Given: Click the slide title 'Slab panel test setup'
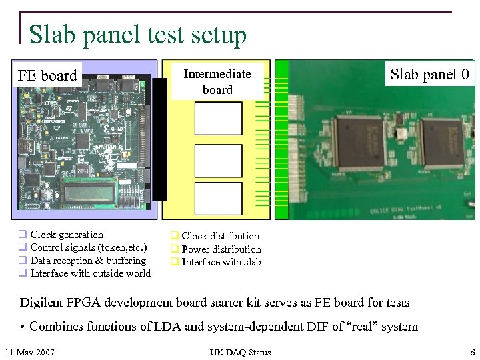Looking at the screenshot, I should pyautogui.click(x=138, y=35).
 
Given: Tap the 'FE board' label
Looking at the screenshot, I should pyautogui.click(x=47, y=75).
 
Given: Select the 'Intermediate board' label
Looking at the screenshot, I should pyautogui.click(x=217, y=82).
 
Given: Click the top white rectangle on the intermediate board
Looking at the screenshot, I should pyautogui.click(x=218, y=119).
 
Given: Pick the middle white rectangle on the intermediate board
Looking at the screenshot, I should pyautogui.click(x=218, y=159).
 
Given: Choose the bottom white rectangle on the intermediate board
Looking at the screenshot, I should pyautogui.click(x=218, y=199).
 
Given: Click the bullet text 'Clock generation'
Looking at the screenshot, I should pyautogui.click(x=67, y=235).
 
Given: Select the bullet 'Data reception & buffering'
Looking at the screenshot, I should pyautogui.click(x=88, y=261).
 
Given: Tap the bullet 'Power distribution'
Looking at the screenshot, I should pyautogui.click(x=221, y=249).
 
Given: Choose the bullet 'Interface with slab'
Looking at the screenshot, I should pyautogui.click(x=221, y=262).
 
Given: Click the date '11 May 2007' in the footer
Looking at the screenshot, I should pyautogui.click(x=29, y=352).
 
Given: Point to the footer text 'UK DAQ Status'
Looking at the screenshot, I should pyautogui.click(x=240, y=352).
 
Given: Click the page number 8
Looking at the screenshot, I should pyautogui.click(x=472, y=351).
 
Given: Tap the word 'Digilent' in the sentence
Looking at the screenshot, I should pyautogui.click(x=41, y=303).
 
